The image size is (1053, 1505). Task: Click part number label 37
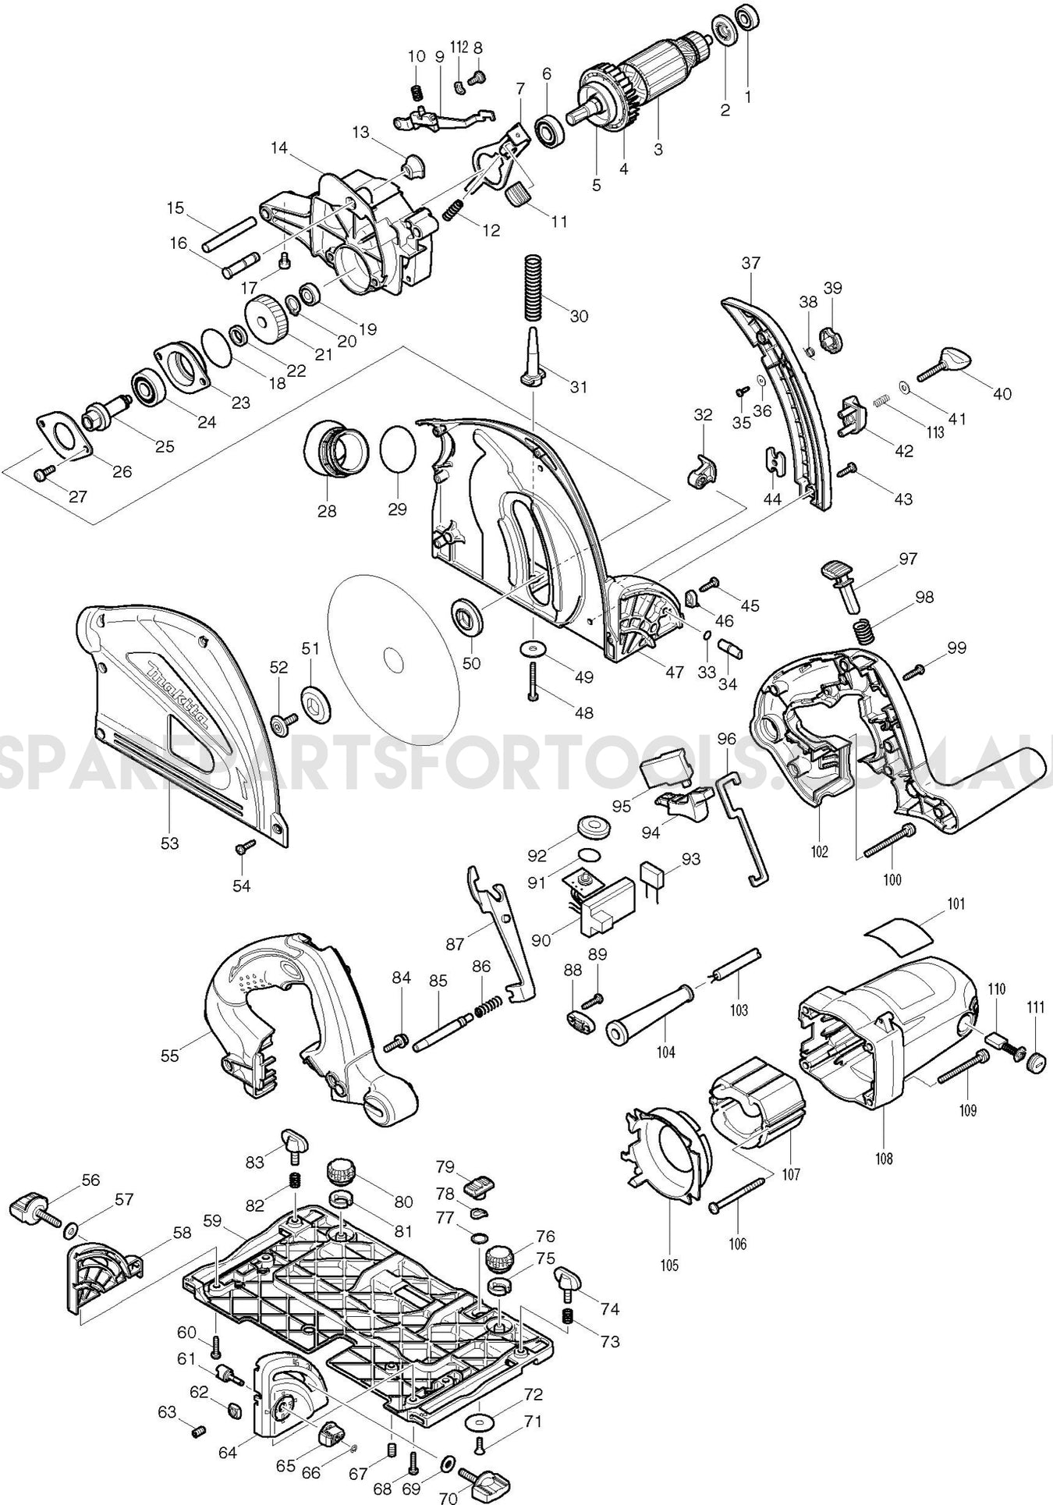(750, 263)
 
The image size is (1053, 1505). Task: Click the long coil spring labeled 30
(532, 287)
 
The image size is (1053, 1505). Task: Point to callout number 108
(883, 1159)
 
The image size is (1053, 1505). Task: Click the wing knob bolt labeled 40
(948, 364)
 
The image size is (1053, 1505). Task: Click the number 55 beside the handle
(169, 1056)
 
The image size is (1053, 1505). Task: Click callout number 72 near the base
(534, 1393)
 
